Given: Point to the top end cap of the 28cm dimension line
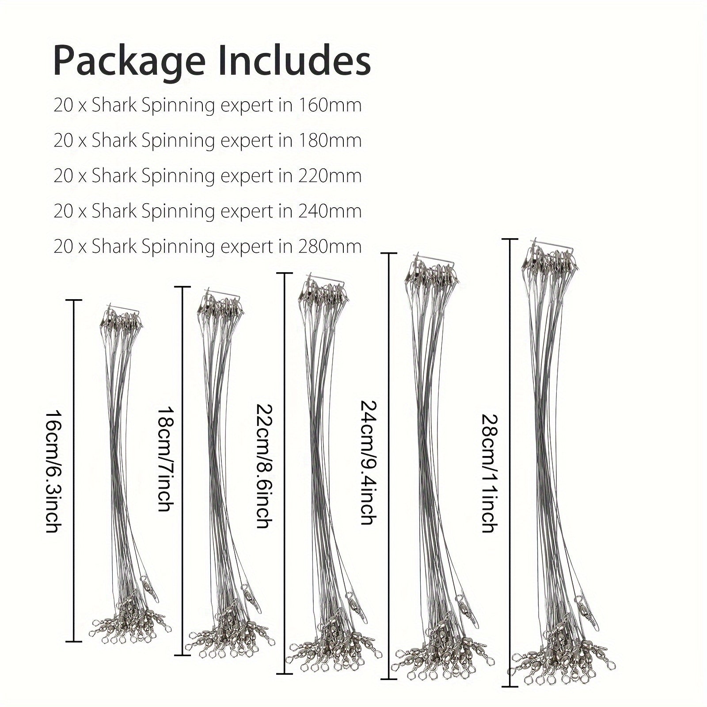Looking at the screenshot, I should (x=510, y=239).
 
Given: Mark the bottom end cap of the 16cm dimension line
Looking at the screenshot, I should (x=74, y=641).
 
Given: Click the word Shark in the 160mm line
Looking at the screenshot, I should (x=114, y=105).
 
